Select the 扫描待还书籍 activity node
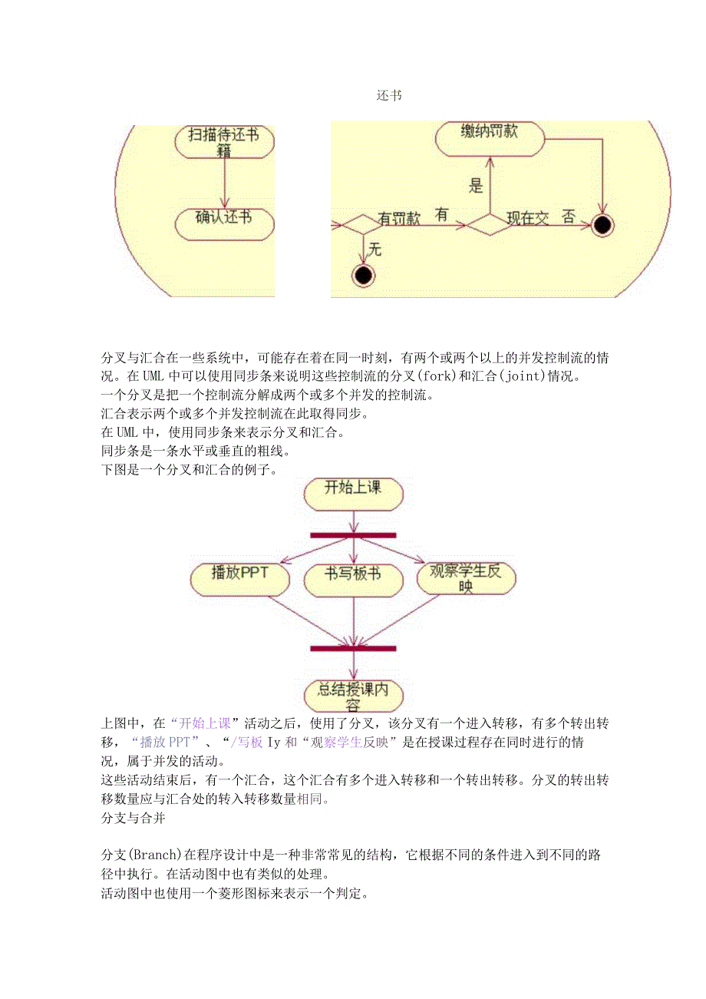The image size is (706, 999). click(224, 141)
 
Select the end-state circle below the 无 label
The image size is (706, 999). click(362, 275)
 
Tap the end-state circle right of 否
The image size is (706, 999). click(603, 224)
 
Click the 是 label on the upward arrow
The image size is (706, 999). click(476, 185)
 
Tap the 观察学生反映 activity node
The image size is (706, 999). click(466, 577)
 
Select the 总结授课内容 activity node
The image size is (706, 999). click(353, 694)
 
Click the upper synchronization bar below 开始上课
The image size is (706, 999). click(353, 535)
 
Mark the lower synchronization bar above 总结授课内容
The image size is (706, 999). click(353, 649)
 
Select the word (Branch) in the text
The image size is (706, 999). click(155, 855)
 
